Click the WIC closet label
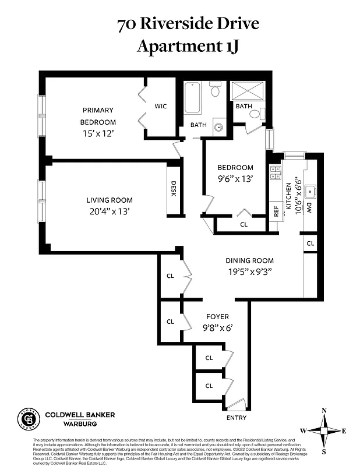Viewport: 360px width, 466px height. coord(161,107)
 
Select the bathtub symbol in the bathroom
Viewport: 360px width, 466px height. coord(193,98)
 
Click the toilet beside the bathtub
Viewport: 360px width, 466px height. coord(215,90)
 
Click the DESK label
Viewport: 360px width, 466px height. coord(173,189)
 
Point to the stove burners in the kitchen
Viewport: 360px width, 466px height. coord(276,172)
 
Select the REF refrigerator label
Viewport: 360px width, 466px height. coord(276,209)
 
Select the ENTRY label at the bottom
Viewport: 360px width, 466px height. coord(235,418)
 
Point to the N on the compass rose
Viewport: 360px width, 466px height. coord(324,409)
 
